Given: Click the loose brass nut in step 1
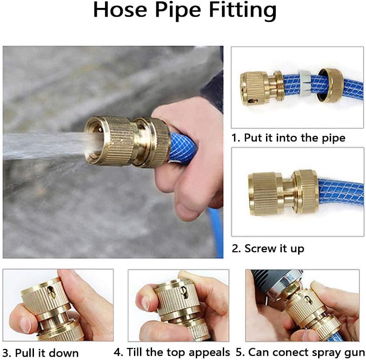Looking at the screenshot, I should (x=330, y=85).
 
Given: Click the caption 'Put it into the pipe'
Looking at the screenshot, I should (x=294, y=138).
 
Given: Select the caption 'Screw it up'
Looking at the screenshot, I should (x=274, y=248).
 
